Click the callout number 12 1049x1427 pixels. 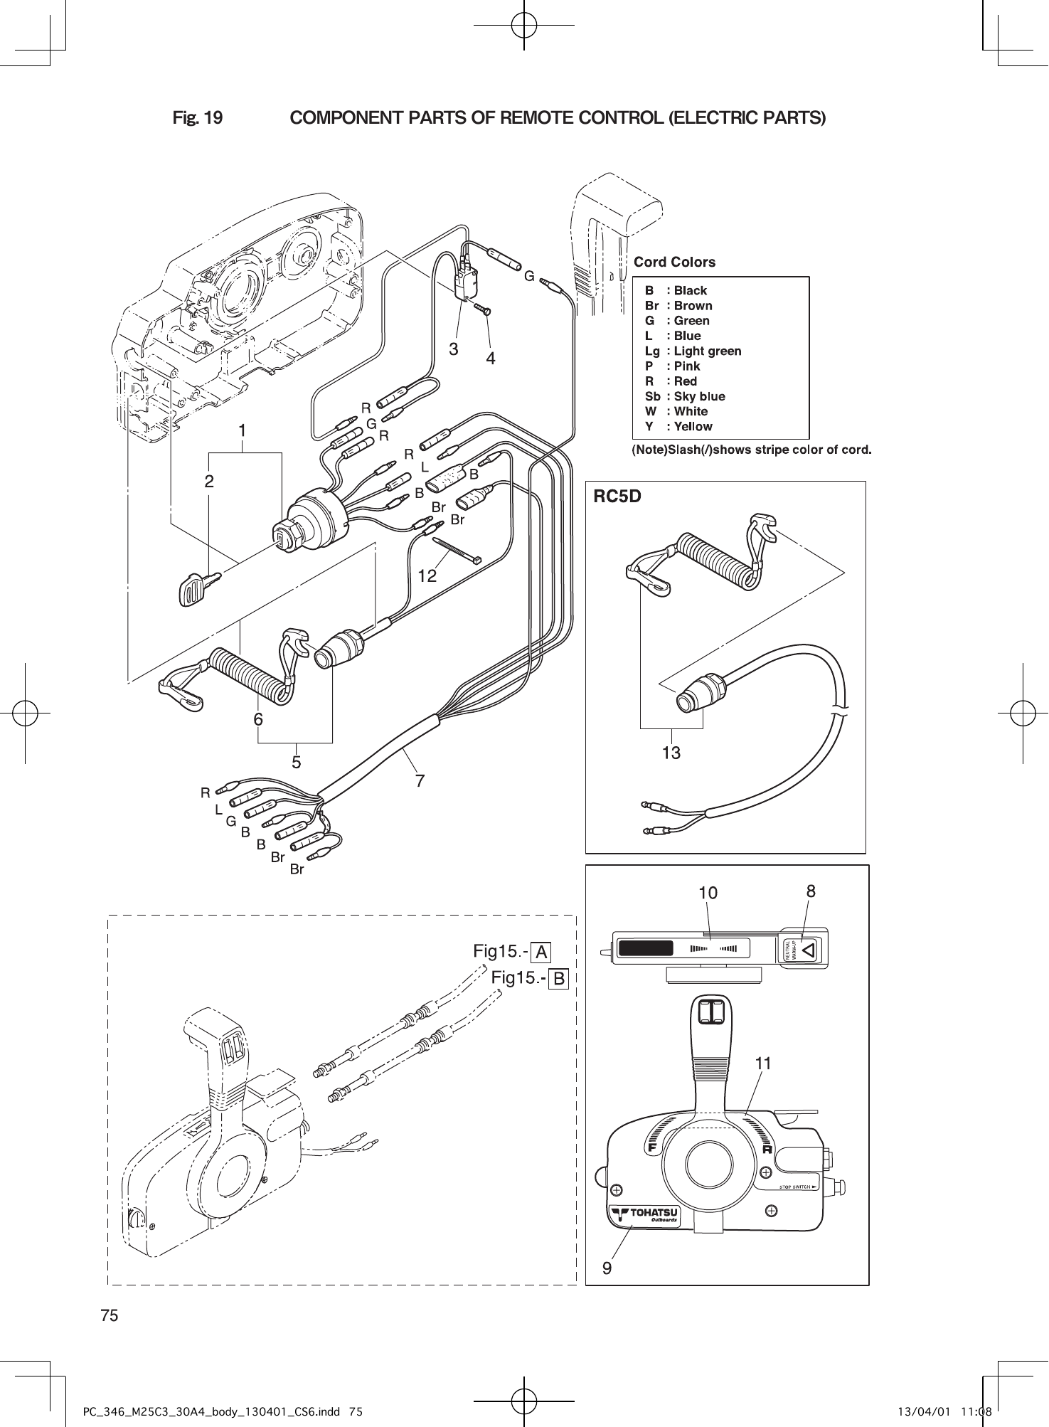427,576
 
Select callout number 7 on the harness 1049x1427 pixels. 420,781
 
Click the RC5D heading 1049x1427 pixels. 617,497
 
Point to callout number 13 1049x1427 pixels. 671,752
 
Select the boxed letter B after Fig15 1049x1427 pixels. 559,980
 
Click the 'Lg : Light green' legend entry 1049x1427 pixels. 693,351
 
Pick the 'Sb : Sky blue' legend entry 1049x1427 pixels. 685,396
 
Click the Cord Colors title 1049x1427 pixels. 674,262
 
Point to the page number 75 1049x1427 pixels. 109,1315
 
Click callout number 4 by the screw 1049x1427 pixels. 490,359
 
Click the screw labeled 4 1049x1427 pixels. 484,309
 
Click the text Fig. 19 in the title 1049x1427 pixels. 198,117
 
